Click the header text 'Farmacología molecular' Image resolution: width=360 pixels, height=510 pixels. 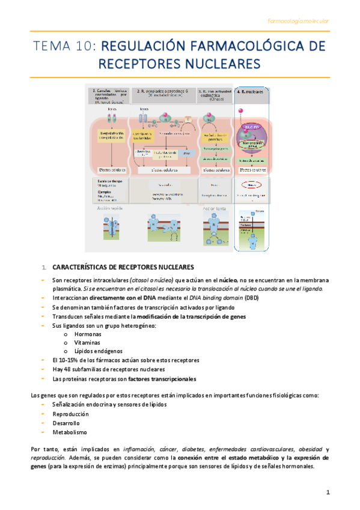pyautogui.click(x=298, y=22)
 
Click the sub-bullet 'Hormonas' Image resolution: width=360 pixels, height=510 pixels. pyautogui.click(x=88, y=334)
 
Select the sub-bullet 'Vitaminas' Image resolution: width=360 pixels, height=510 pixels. pyautogui.click(x=88, y=342)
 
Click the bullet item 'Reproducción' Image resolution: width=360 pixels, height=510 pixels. pyautogui.click(x=70, y=414)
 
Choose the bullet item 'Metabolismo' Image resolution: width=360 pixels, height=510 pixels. pyautogui.click(x=70, y=432)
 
